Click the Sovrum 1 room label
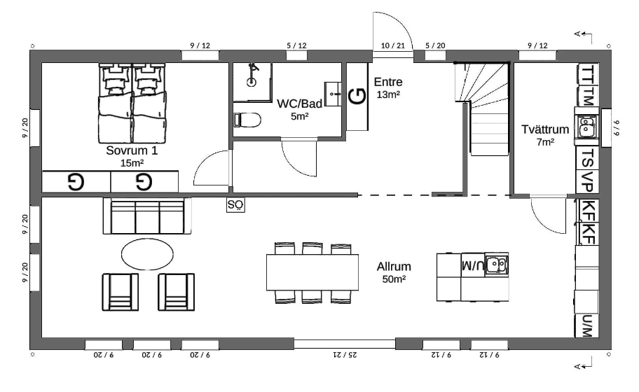[x=131, y=150]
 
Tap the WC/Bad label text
[x=300, y=104]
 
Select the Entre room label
[x=388, y=82]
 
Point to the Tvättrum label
[x=545, y=129]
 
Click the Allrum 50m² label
[x=394, y=272]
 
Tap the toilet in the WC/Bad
[x=247, y=120]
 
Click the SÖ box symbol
[x=235, y=205]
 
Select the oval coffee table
[x=147, y=254]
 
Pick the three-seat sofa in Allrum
[x=146, y=216]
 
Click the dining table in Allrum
[x=312, y=272]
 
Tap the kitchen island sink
[x=496, y=265]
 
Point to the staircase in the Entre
[x=483, y=108]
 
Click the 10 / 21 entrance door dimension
[x=393, y=45]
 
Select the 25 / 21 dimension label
[x=345, y=355]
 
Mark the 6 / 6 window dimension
[x=617, y=128]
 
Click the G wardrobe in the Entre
[x=357, y=97]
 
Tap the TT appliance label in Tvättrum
[x=587, y=74]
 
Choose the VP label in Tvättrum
[x=587, y=181]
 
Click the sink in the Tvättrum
[x=586, y=126]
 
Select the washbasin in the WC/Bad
[x=334, y=94]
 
